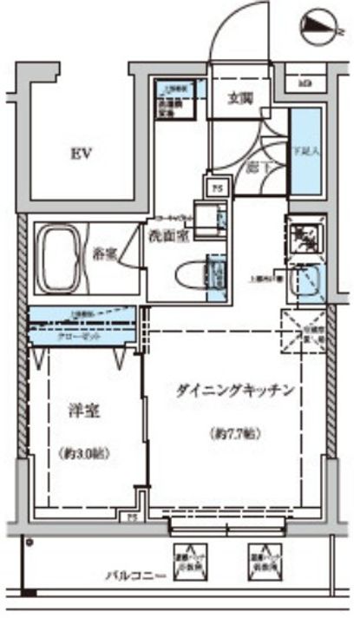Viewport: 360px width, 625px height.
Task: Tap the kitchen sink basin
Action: click(306, 283)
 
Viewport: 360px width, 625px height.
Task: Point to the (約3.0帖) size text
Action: click(85, 452)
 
